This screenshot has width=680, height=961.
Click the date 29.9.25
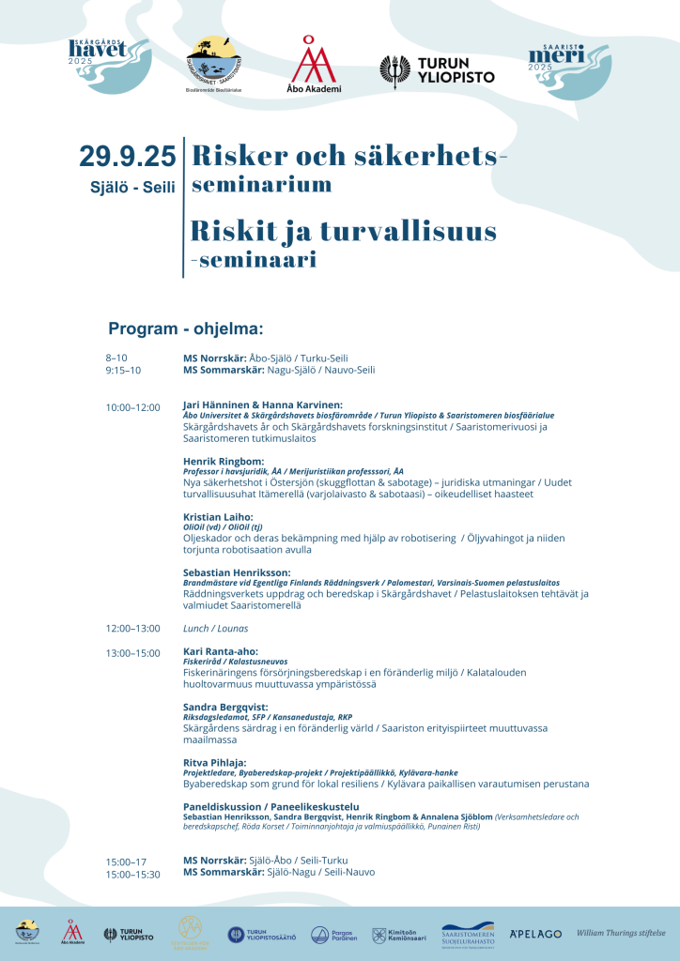pyautogui.click(x=127, y=156)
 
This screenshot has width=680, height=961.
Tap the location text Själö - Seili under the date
pyautogui.click(x=132, y=187)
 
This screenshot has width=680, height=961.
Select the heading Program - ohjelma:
pyautogui.click(x=186, y=328)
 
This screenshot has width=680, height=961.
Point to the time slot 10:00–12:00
pyautogui.click(x=132, y=408)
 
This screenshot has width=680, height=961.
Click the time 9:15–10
pyautogui.click(x=123, y=370)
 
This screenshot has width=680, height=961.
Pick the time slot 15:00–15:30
pyautogui.click(x=132, y=874)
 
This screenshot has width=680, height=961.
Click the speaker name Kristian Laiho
pyautogui.click(x=218, y=517)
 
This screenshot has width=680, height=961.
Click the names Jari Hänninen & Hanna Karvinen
pyautogui.click(x=262, y=404)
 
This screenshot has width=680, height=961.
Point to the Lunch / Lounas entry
pyautogui.click(x=209, y=628)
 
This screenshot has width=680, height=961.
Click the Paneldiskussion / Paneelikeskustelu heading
pyautogui.click(x=271, y=806)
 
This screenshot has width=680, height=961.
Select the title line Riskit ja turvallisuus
pyautogui.click(x=344, y=230)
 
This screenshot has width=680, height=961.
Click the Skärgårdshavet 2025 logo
pyautogui.click(x=110, y=63)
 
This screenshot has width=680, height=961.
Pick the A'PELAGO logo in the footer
pyautogui.click(x=535, y=934)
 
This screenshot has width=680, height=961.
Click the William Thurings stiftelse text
pyautogui.click(x=622, y=933)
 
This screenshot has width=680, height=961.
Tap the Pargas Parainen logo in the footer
pyautogui.click(x=332, y=935)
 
